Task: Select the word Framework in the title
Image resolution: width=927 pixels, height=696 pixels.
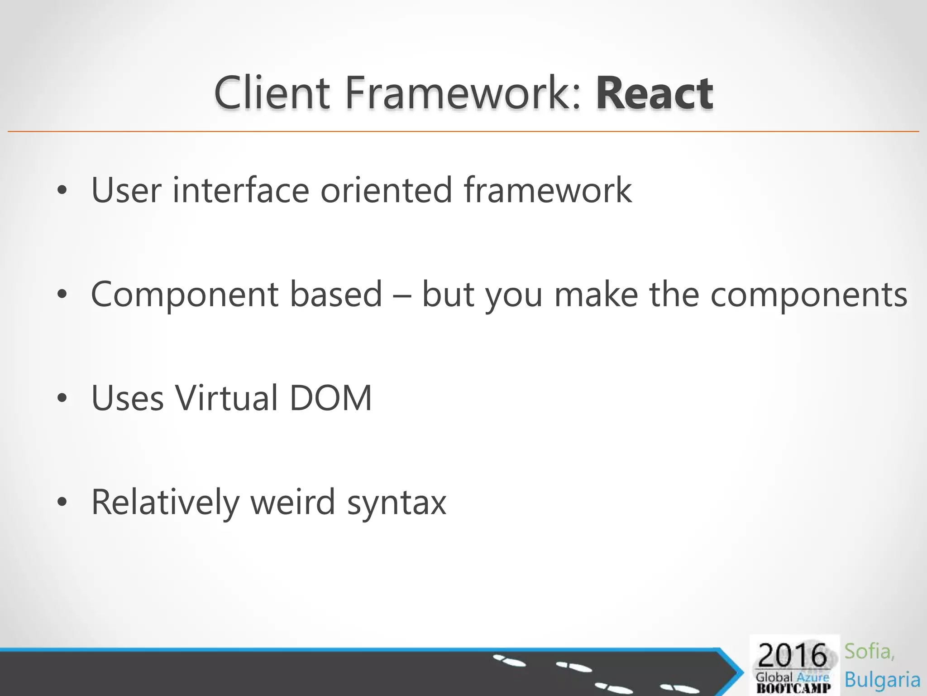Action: pos(462,93)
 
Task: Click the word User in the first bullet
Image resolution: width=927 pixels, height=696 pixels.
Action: pos(126,190)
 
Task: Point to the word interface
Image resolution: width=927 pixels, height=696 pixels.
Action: pos(241,190)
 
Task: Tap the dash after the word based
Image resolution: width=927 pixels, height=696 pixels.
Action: pos(402,295)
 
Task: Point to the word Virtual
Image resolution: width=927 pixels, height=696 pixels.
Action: pos(226,398)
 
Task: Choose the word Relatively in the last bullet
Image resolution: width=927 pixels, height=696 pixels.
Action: pos(165,503)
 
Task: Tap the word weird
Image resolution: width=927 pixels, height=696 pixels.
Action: pos(292,502)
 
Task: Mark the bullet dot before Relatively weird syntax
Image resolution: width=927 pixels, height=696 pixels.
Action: pos(62,502)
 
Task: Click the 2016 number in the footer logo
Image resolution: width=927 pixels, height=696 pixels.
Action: pos(792,656)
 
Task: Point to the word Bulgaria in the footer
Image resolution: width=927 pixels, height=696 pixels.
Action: pos(882,680)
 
